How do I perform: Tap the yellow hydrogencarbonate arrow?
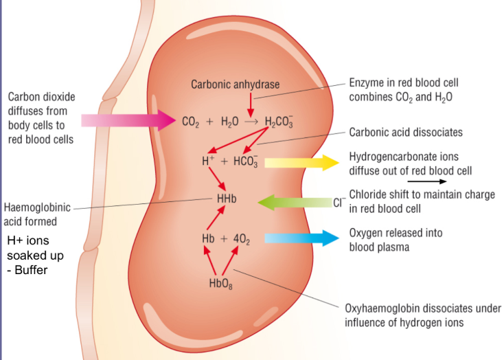coord(302,162)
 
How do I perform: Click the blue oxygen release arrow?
coord(302,238)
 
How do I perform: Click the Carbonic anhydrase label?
coord(236,84)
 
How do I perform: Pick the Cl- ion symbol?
coord(338,203)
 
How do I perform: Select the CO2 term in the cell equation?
coord(190,122)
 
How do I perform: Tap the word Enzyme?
coord(367,84)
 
